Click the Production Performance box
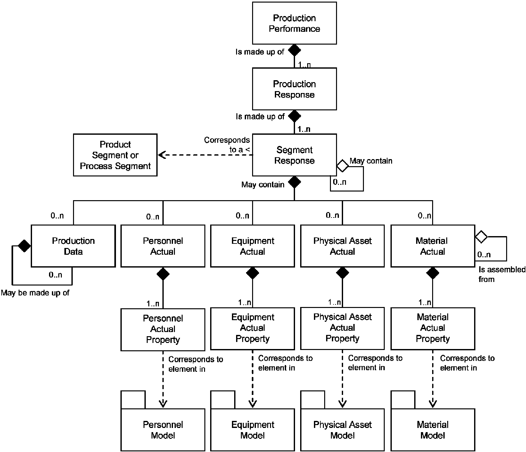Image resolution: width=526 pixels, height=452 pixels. pos(294,23)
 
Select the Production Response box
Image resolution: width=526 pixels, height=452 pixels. pos(294,89)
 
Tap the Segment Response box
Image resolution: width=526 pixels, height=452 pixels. pos(294,155)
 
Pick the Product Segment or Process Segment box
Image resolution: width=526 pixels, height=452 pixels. pos(115,155)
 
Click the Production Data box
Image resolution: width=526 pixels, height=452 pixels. pos(73,246)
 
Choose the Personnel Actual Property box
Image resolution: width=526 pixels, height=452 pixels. pos(163,329)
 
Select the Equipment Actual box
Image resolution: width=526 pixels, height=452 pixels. pos(252,246)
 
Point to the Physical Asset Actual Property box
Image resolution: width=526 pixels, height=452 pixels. pos(342,328)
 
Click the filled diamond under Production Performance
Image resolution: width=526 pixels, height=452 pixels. pos(294,50)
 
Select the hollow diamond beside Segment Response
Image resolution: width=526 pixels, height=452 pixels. pos(343,166)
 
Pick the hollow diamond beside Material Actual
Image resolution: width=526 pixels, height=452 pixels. pos(481,237)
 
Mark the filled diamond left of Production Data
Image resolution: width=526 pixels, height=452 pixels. pos(24,246)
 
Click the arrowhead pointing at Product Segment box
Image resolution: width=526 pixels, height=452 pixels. pos(161,155)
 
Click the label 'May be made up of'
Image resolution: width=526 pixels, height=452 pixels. pos(35,293)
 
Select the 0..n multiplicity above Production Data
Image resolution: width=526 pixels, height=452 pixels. pos(57,216)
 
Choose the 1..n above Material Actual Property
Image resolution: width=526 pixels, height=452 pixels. pos(425,303)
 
